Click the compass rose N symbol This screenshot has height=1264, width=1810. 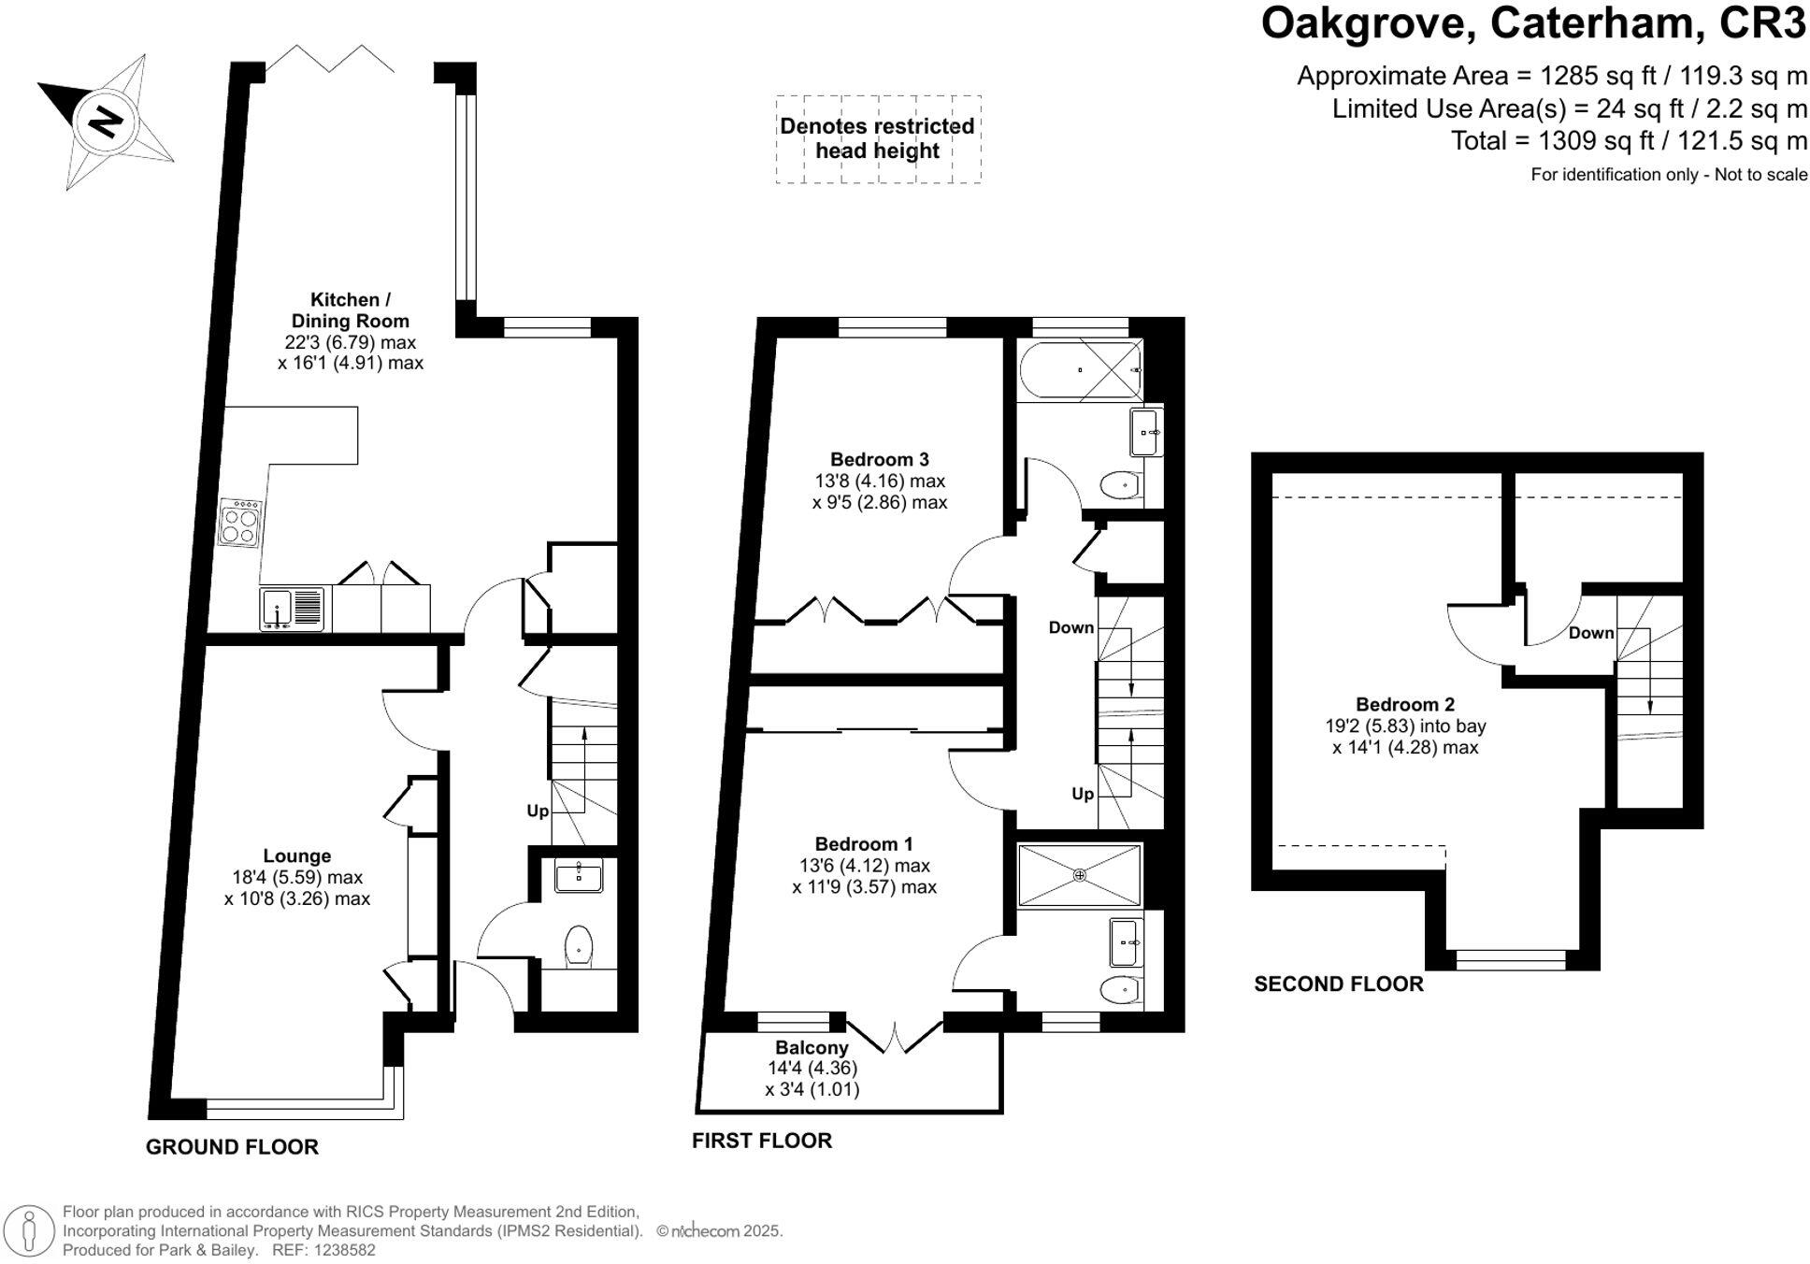106,122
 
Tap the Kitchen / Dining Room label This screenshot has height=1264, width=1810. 350,310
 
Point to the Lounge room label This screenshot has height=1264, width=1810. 296,855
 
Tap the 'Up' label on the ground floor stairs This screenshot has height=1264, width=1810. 538,811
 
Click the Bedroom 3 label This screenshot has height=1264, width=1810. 879,459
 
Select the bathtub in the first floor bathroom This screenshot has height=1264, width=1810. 1080,370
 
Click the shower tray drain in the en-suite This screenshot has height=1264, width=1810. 1080,875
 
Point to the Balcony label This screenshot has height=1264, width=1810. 812,1048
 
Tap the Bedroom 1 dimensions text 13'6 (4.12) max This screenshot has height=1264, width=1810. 864,866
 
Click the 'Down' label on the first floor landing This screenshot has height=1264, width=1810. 1070,627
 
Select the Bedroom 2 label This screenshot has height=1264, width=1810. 1405,704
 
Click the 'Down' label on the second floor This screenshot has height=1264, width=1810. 1591,633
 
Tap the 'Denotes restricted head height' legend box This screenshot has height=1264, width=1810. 878,138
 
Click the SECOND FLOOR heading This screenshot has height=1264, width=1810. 1338,984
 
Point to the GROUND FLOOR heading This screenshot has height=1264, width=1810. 232,1147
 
